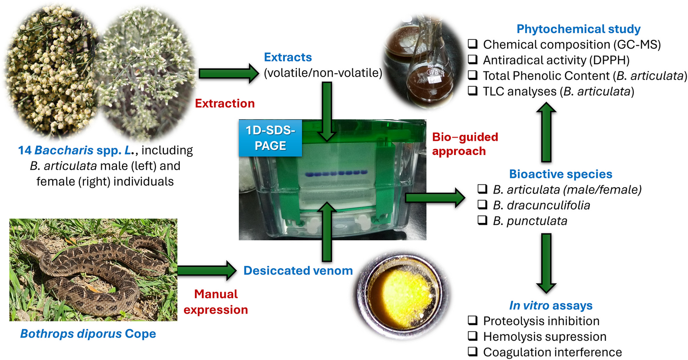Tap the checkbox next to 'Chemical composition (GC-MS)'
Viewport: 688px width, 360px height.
click(472, 44)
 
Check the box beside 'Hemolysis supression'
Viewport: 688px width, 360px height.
click(472, 337)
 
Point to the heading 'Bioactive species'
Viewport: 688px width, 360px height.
click(560, 174)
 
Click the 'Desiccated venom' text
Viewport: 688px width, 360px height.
click(298, 271)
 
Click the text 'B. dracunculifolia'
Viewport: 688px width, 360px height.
click(541, 205)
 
